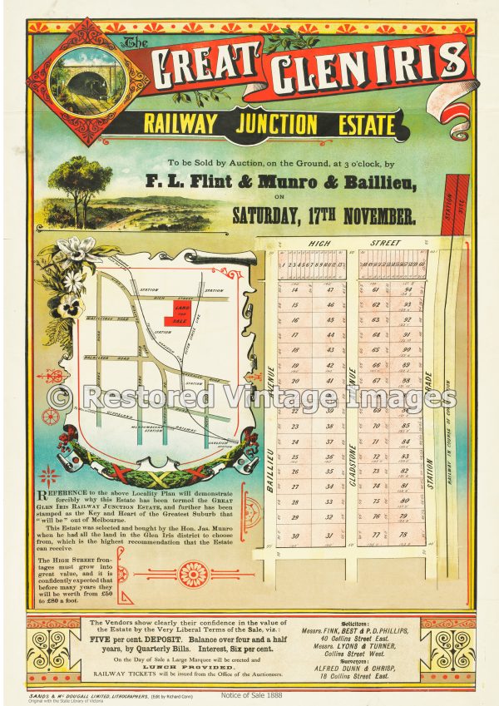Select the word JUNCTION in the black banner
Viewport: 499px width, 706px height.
(x=275, y=125)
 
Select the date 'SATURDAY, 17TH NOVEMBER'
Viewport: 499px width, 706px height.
(x=324, y=218)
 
